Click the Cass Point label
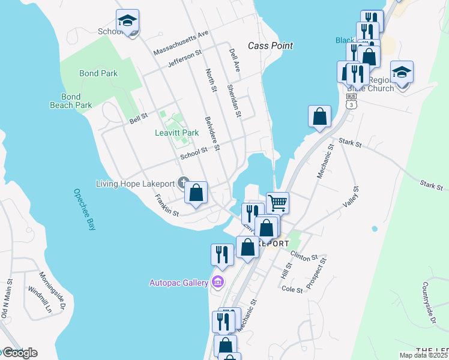point(270,46)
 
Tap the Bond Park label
point(98,73)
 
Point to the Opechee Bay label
point(85,210)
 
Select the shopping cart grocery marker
point(277,202)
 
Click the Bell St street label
point(139,118)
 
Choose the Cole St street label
point(292,289)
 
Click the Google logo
point(19,353)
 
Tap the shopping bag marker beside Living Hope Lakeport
point(196,193)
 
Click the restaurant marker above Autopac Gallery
point(222,254)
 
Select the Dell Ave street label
point(235,61)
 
